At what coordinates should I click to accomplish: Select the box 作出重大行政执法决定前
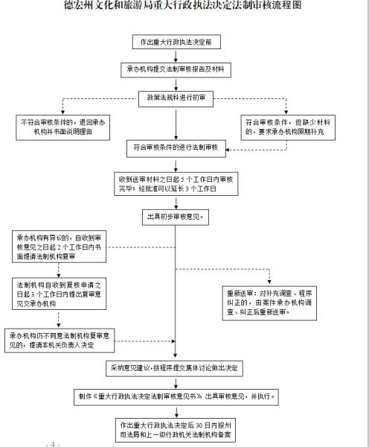(x=175, y=42)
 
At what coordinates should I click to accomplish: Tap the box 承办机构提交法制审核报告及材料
(x=175, y=69)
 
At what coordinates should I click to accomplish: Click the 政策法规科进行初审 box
(x=175, y=97)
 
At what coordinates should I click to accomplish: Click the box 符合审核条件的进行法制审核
(x=175, y=148)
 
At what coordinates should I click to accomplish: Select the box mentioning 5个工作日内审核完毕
(x=175, y=183)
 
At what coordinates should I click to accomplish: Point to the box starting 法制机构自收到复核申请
(x=56, y=293)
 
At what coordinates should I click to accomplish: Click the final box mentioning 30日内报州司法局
(x=175, y=430)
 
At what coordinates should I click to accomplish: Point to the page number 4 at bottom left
(x=52, y=444)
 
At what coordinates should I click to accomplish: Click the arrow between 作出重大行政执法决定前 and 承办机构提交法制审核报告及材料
(x=175, y=56)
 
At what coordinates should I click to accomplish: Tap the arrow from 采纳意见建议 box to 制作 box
(x=175, y=382)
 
